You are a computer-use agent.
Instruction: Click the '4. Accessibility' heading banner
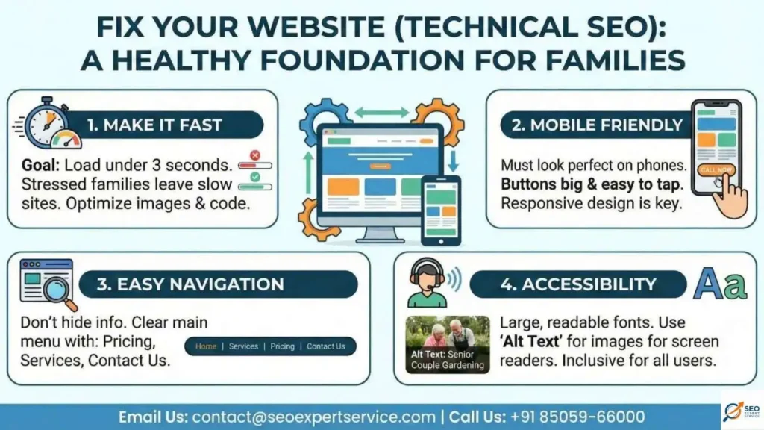coord(577,284)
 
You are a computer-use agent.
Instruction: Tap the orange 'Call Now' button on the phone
coord(716,170)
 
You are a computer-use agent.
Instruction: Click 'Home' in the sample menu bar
coord(206,346)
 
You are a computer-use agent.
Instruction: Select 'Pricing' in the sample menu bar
coord(282,346)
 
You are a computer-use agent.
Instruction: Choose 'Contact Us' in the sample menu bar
coord(326,346)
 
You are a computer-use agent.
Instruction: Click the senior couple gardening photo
coord(447,344)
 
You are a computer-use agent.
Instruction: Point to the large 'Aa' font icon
coord(719,284)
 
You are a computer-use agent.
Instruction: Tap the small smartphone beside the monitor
coord(440,210)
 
